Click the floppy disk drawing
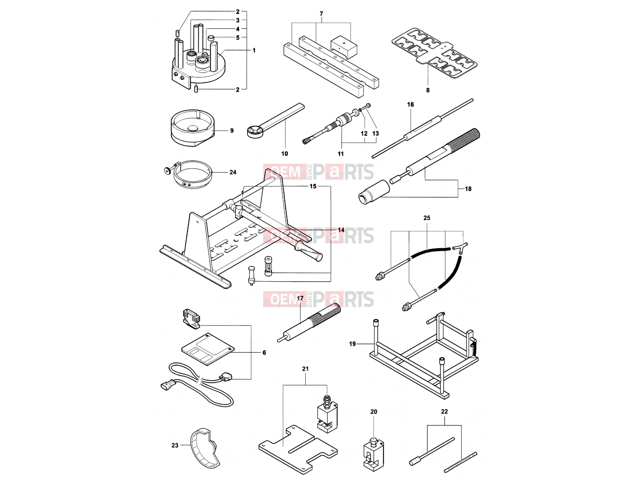click(x=207, y=349)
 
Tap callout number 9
click(x=232, y=131)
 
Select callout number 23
click(x=175, y=445)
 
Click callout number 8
click(x=428, y=90)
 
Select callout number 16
click(x=410, y=104)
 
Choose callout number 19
click(x=352, y=344)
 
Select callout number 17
click(x=300, y=298)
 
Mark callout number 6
click(x=264, y=353)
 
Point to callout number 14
click(x=341, y=230)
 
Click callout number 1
click(x=254, y=51)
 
